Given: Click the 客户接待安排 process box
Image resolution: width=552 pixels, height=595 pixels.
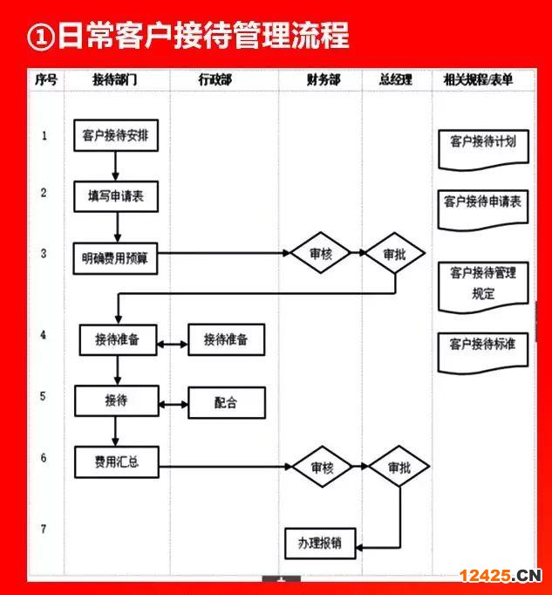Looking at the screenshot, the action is pos(116,135).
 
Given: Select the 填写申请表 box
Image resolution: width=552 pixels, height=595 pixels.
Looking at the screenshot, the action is pos(116,196).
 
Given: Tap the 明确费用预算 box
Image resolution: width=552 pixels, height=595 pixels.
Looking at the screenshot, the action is pos(115,258).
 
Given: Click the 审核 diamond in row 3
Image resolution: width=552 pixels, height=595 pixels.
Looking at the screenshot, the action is pos(321,253).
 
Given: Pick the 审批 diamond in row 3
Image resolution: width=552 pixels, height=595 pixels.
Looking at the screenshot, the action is pos(395,253).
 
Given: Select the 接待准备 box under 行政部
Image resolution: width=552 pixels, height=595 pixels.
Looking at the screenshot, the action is pos(227,339).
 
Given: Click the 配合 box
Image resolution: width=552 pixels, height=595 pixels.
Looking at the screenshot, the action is pos(227,402).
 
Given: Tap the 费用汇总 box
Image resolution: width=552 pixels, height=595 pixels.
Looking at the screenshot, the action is pos(117,462).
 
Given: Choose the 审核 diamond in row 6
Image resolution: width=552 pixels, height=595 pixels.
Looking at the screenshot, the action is pos(323,467).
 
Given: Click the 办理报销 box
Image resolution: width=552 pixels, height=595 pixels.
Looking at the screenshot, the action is pos(320,544).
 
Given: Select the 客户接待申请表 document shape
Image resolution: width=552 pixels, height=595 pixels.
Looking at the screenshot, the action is pos(483,210).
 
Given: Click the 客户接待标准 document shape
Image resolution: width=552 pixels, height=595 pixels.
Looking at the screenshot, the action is pos(483,353).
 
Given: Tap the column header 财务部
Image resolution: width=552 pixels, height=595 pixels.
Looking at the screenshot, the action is pos(324,79).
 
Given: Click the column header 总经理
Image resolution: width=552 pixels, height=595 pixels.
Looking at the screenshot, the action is pos(396,79).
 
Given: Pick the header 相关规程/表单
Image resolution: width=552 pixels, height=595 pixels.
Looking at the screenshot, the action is pos(479,79).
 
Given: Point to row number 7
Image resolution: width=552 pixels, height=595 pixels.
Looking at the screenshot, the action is pos(44,529).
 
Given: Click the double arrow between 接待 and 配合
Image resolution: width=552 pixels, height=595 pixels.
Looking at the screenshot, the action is pos(174,405).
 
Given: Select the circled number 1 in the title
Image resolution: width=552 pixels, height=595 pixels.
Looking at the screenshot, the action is pos(41,37).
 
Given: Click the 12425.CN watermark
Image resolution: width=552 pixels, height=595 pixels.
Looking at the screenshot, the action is pos(501,576).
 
